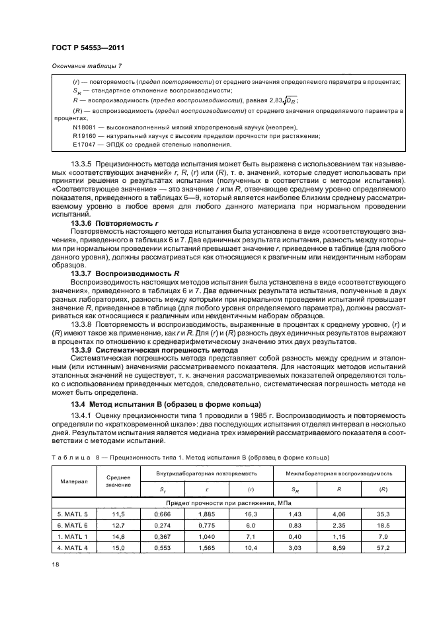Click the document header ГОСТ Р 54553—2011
coord(89,48)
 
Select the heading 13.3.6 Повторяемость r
coord(120,223)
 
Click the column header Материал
coord(76,481)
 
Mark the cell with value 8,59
coord(338,548)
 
